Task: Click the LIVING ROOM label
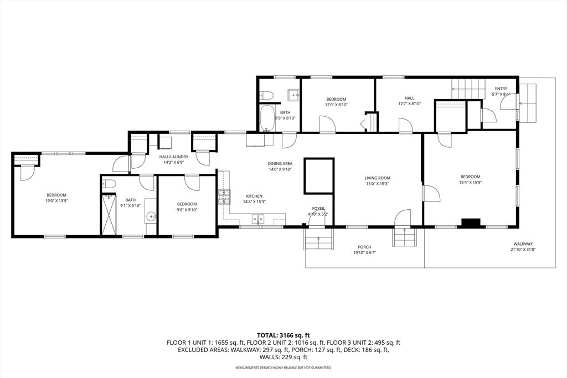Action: coord(377,178)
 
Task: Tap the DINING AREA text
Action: coord(280,163)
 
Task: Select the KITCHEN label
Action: coord(254,196)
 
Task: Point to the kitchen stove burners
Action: coord(224,196)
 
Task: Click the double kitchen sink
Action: coord(257,219)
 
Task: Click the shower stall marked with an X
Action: coord(109,214)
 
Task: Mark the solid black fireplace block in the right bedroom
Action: coord(471,223)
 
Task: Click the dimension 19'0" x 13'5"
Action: coord(56,201)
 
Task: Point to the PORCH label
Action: coord(364,247)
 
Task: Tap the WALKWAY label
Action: coord(522,244)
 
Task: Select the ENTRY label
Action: coord(501,89)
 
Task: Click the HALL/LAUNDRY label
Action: coord(174,157)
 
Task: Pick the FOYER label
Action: coord(318,208)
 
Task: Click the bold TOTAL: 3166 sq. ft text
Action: coord(283,335)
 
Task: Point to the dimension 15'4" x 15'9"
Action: coord(470,183)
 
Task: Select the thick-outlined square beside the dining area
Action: coord(319,176)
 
